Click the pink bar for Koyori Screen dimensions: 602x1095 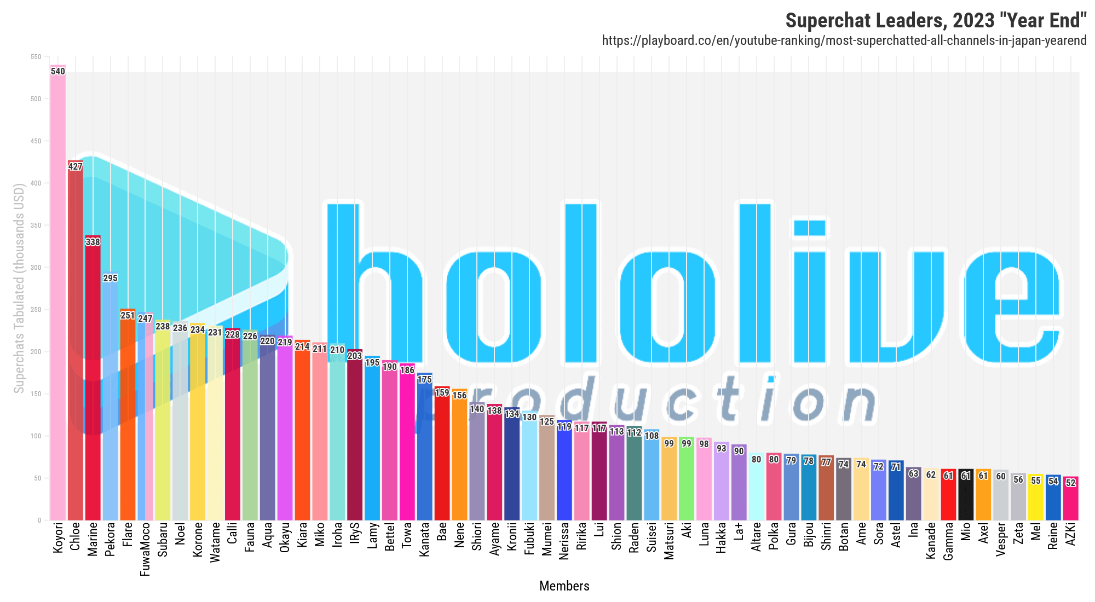click(57, 296)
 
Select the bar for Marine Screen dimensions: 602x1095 click(93, 383)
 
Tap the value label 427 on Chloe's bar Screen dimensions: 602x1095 click(75, 166)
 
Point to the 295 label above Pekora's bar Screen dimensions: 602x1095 click(110, 278)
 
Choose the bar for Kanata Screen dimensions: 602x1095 click(424, 449)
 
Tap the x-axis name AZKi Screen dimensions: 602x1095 click(1070, 534)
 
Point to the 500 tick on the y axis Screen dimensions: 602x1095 click(37, 99)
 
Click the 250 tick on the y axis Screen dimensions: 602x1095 click(37, 310)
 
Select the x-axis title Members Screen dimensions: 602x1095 click(564, 586)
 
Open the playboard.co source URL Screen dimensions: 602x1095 click(844, 40)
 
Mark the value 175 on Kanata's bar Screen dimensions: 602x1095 click(424, 379)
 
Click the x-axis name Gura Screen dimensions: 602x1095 click(791, 534)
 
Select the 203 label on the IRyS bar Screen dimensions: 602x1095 click(355, 356)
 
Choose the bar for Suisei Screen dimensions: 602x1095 click(652, 476)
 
